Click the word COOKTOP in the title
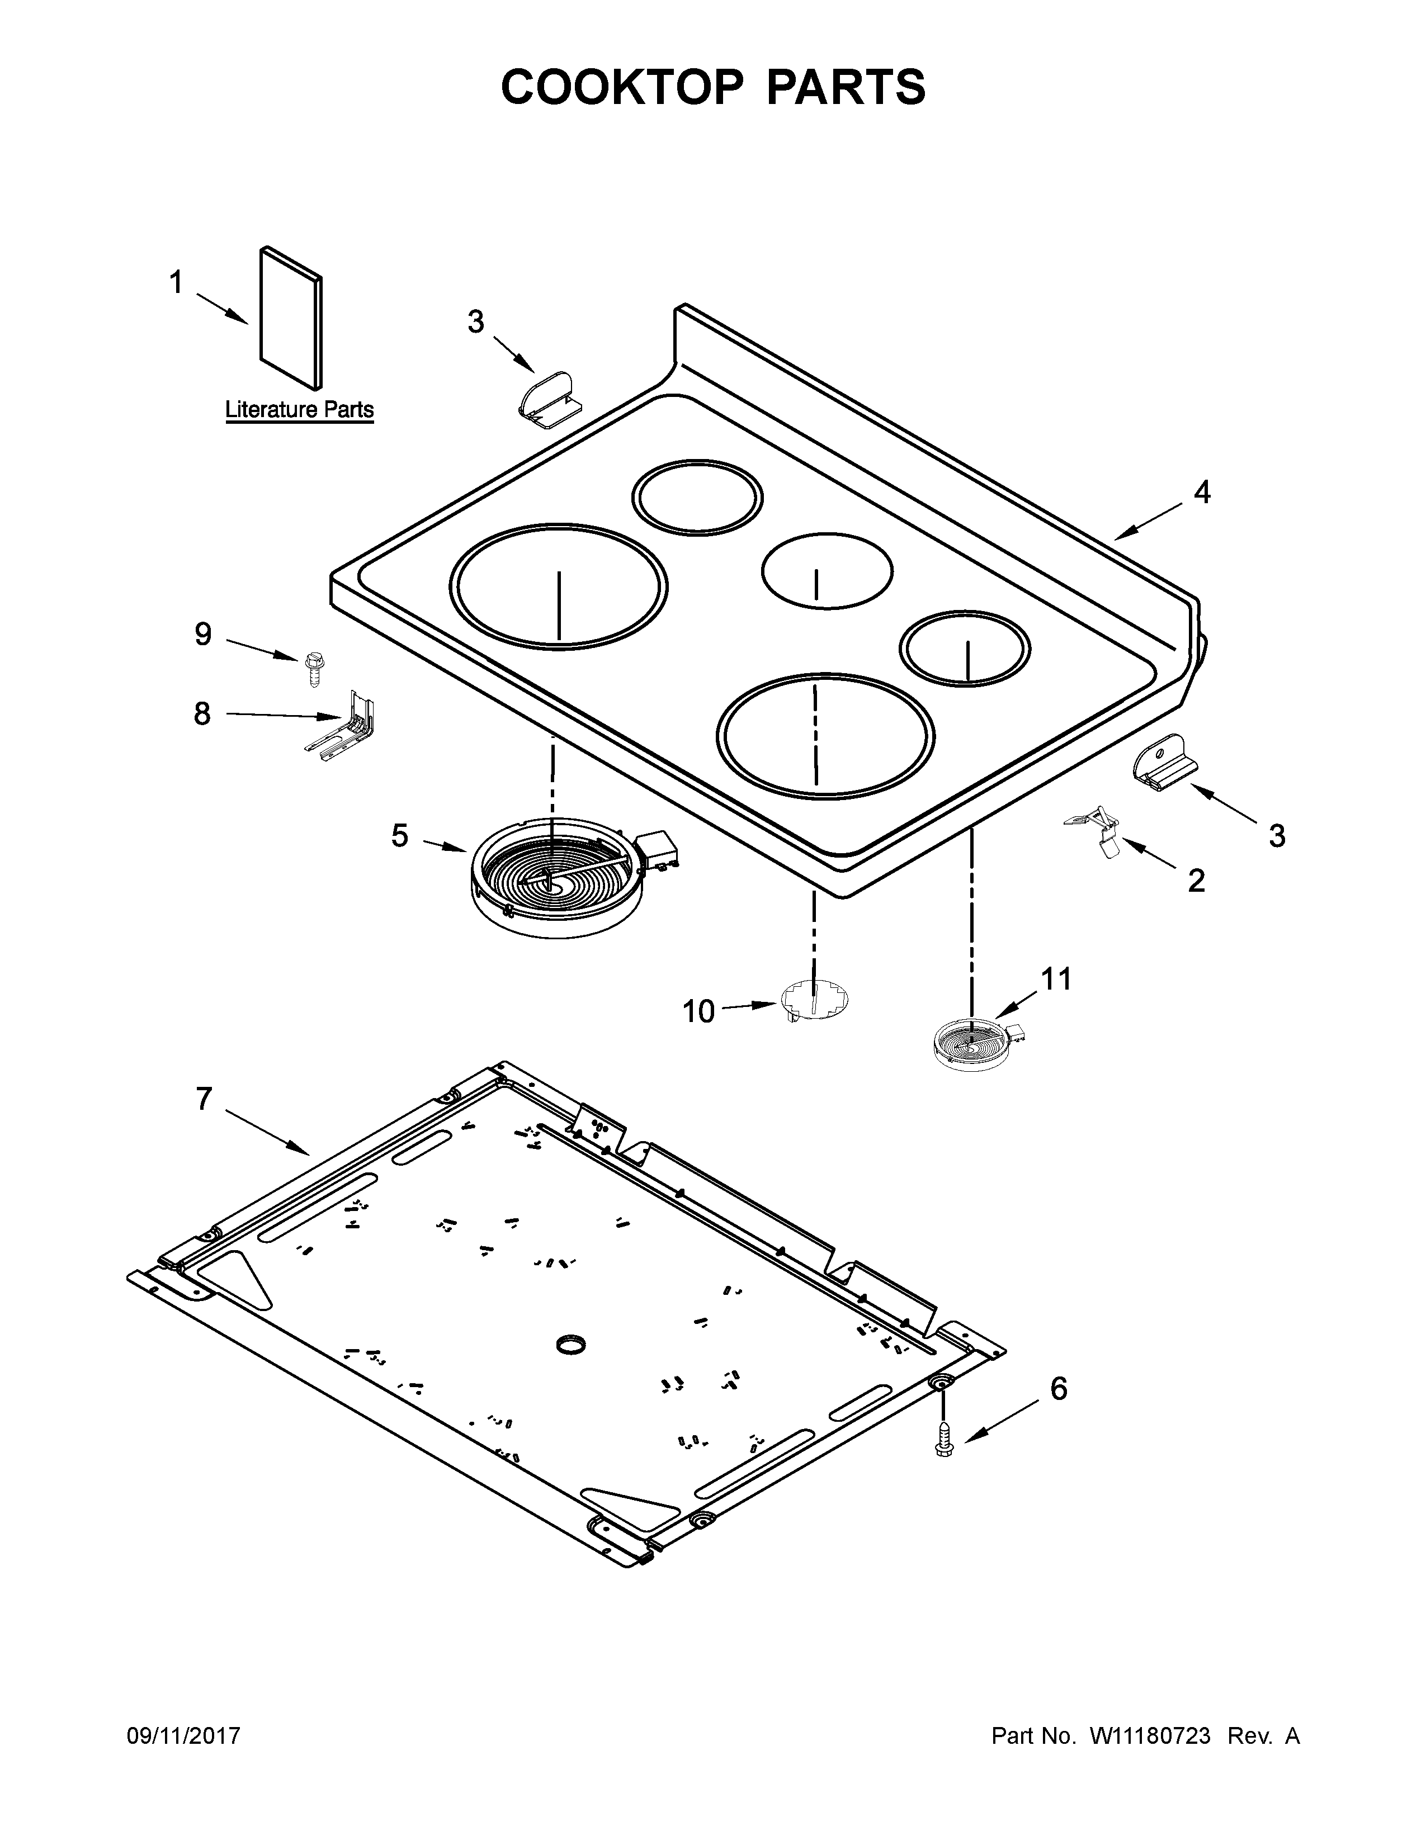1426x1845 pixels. (621, 87)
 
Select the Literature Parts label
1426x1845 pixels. (299, 410)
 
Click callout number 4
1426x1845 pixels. (1201, 493)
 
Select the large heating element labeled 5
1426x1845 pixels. (562, 875)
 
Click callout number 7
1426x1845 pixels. (203, 1099)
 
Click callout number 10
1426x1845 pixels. (698, 1011)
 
